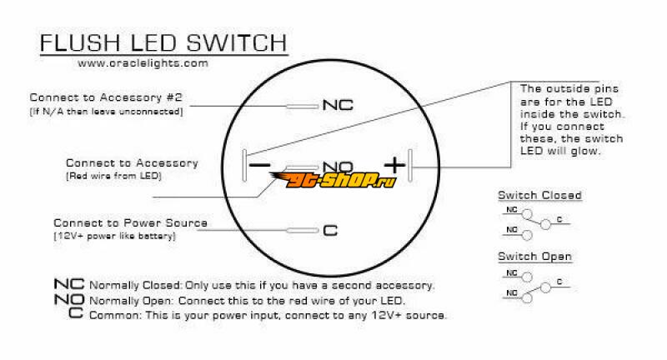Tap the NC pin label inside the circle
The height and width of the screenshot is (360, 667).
[338, 106]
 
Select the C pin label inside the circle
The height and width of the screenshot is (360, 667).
[329, 230]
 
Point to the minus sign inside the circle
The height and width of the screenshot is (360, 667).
[260, 166]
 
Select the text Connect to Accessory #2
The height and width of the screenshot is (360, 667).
[105, 97]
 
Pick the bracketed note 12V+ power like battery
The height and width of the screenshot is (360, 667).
[114, 237]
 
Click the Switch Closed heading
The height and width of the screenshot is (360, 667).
[539, 195]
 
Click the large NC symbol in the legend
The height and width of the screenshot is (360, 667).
[69, 286]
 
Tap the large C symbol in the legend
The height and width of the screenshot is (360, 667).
[76, 316]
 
